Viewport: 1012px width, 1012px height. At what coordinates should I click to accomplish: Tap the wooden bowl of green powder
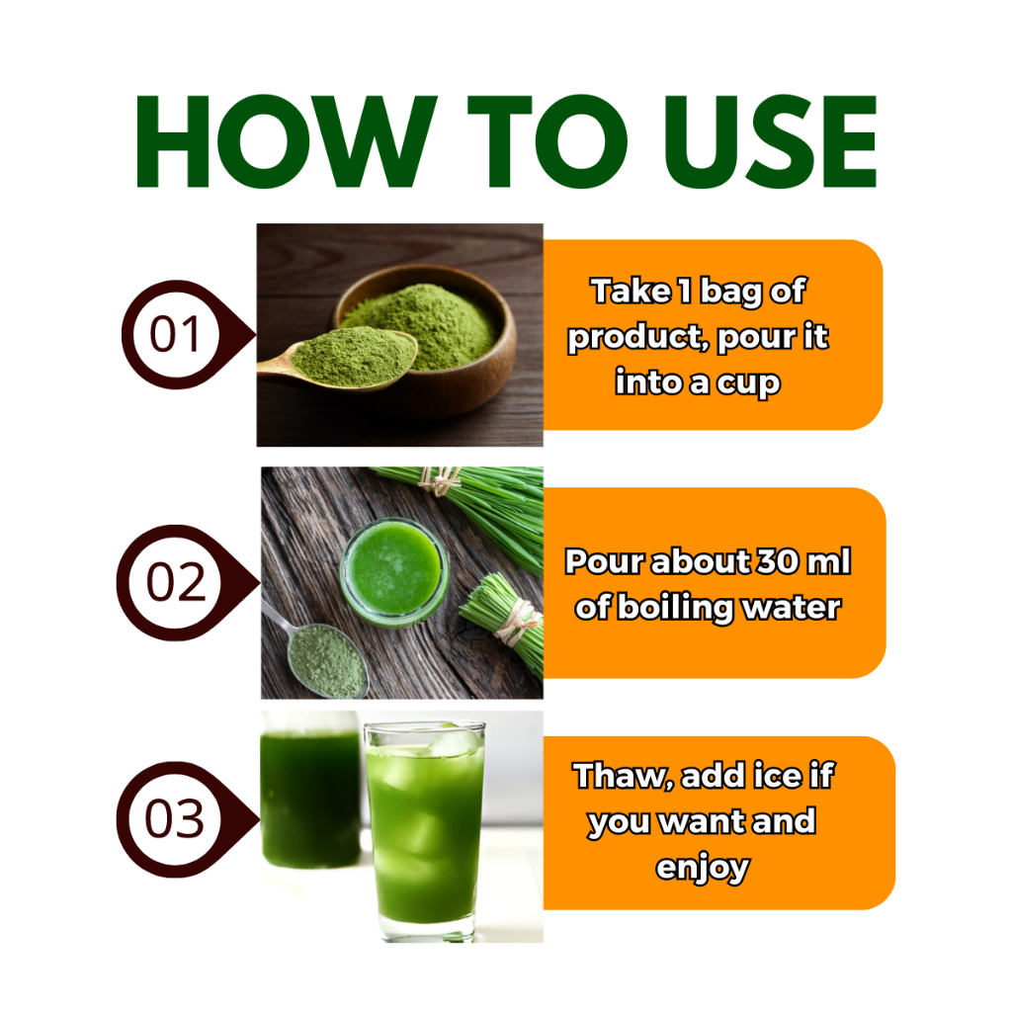[x=426, y=336]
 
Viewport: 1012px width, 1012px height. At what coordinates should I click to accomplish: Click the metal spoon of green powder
[x=317, y=652]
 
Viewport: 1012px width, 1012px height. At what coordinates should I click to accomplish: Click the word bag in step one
[x=730, y=293]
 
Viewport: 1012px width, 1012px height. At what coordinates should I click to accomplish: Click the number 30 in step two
[x=778, y=561]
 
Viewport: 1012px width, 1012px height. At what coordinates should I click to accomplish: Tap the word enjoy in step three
[x=703, y=870]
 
